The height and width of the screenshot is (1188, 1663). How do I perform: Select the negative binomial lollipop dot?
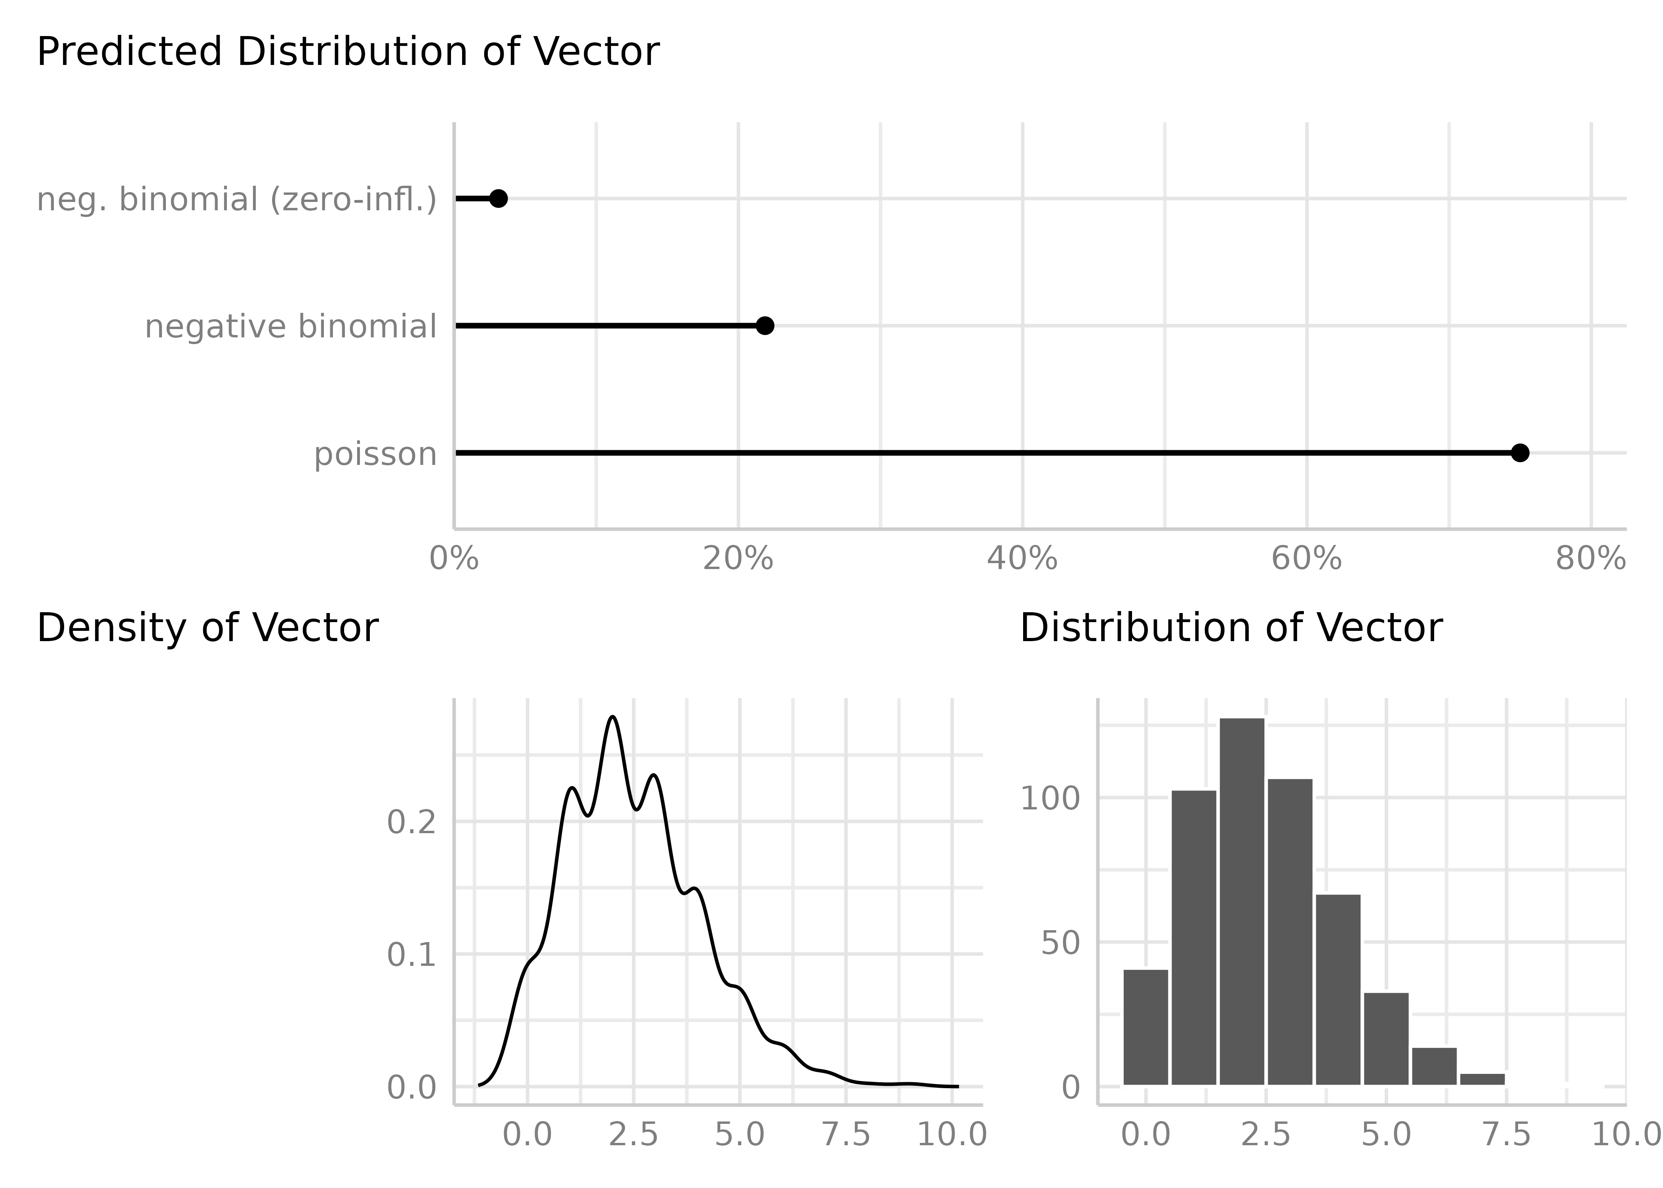pyautogui.click(x=764, y=326)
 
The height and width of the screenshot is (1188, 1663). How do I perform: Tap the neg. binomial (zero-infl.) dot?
pyautogui.click(x=498, y=198)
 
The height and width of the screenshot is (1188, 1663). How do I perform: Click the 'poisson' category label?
pyautogui.click(x=375, y=454)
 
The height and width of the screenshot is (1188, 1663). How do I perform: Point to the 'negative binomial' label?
pyautogui.click(x=290, y=326)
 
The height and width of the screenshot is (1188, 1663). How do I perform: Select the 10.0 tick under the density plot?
pyautogui.click(x=951, y=1135)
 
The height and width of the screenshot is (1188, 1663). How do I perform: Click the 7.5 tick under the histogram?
pyautogui.click(x=1507, y=1135)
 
